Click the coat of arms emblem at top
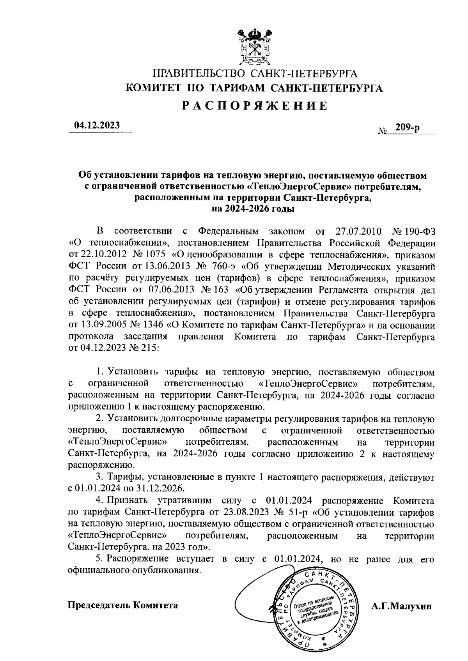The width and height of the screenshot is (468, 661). (x=254, y=46)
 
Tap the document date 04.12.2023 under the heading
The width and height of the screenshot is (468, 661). (x=97, y=125)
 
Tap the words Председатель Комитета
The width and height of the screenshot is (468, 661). (x=123, y=605)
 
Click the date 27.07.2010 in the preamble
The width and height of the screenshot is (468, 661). (x=358, y=231)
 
